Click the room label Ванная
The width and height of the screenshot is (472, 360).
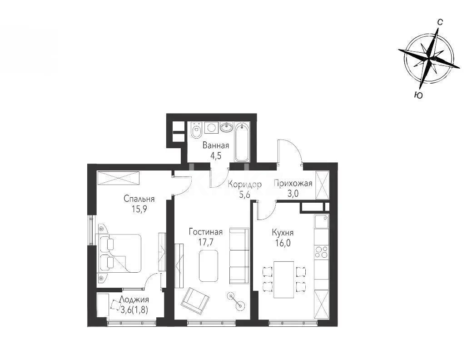pos(216,146)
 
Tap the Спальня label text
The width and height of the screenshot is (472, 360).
pos(139,199)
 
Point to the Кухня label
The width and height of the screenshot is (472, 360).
pos(282,233)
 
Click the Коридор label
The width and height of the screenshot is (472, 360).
pos(245,184)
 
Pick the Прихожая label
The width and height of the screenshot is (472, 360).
pos(293,184)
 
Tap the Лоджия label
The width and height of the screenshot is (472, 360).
pos(134,300)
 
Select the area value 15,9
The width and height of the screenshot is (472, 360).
pos(139,209)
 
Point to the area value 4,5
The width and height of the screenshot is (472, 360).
pos(216,156)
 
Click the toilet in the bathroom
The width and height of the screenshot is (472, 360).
pos(196,130)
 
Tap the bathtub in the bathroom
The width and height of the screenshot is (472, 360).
pos(242,141)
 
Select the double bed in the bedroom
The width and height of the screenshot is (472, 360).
pos(120,253)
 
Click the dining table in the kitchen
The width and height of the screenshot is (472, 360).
pos(283,279)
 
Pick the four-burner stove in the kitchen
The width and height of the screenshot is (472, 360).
pos(321,251)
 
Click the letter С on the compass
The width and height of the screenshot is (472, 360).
pos(440,21)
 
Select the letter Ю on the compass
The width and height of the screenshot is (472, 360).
pos(418,95)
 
